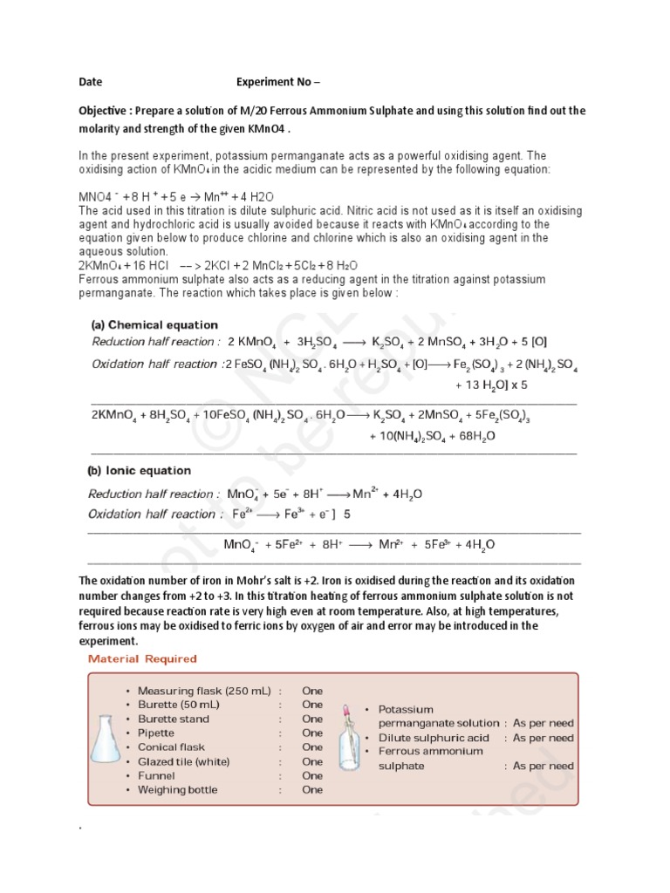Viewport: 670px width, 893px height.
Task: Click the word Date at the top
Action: [x=90, y=82]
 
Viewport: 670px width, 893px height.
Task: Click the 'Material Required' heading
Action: [x=142, y=658]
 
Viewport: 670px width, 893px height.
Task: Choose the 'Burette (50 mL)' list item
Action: [x=179, y=705]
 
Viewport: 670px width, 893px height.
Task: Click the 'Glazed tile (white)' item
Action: [x=183, y=761]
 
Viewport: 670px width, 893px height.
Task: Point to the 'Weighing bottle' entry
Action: [x=178, y=790]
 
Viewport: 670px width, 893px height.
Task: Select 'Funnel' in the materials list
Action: [x=157, y=775]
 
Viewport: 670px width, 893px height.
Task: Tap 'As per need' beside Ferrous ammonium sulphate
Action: [x=543, y=766]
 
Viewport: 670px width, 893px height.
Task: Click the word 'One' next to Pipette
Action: [x=311, y=733]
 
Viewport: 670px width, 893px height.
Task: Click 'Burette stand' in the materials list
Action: [x=174, y=719]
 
